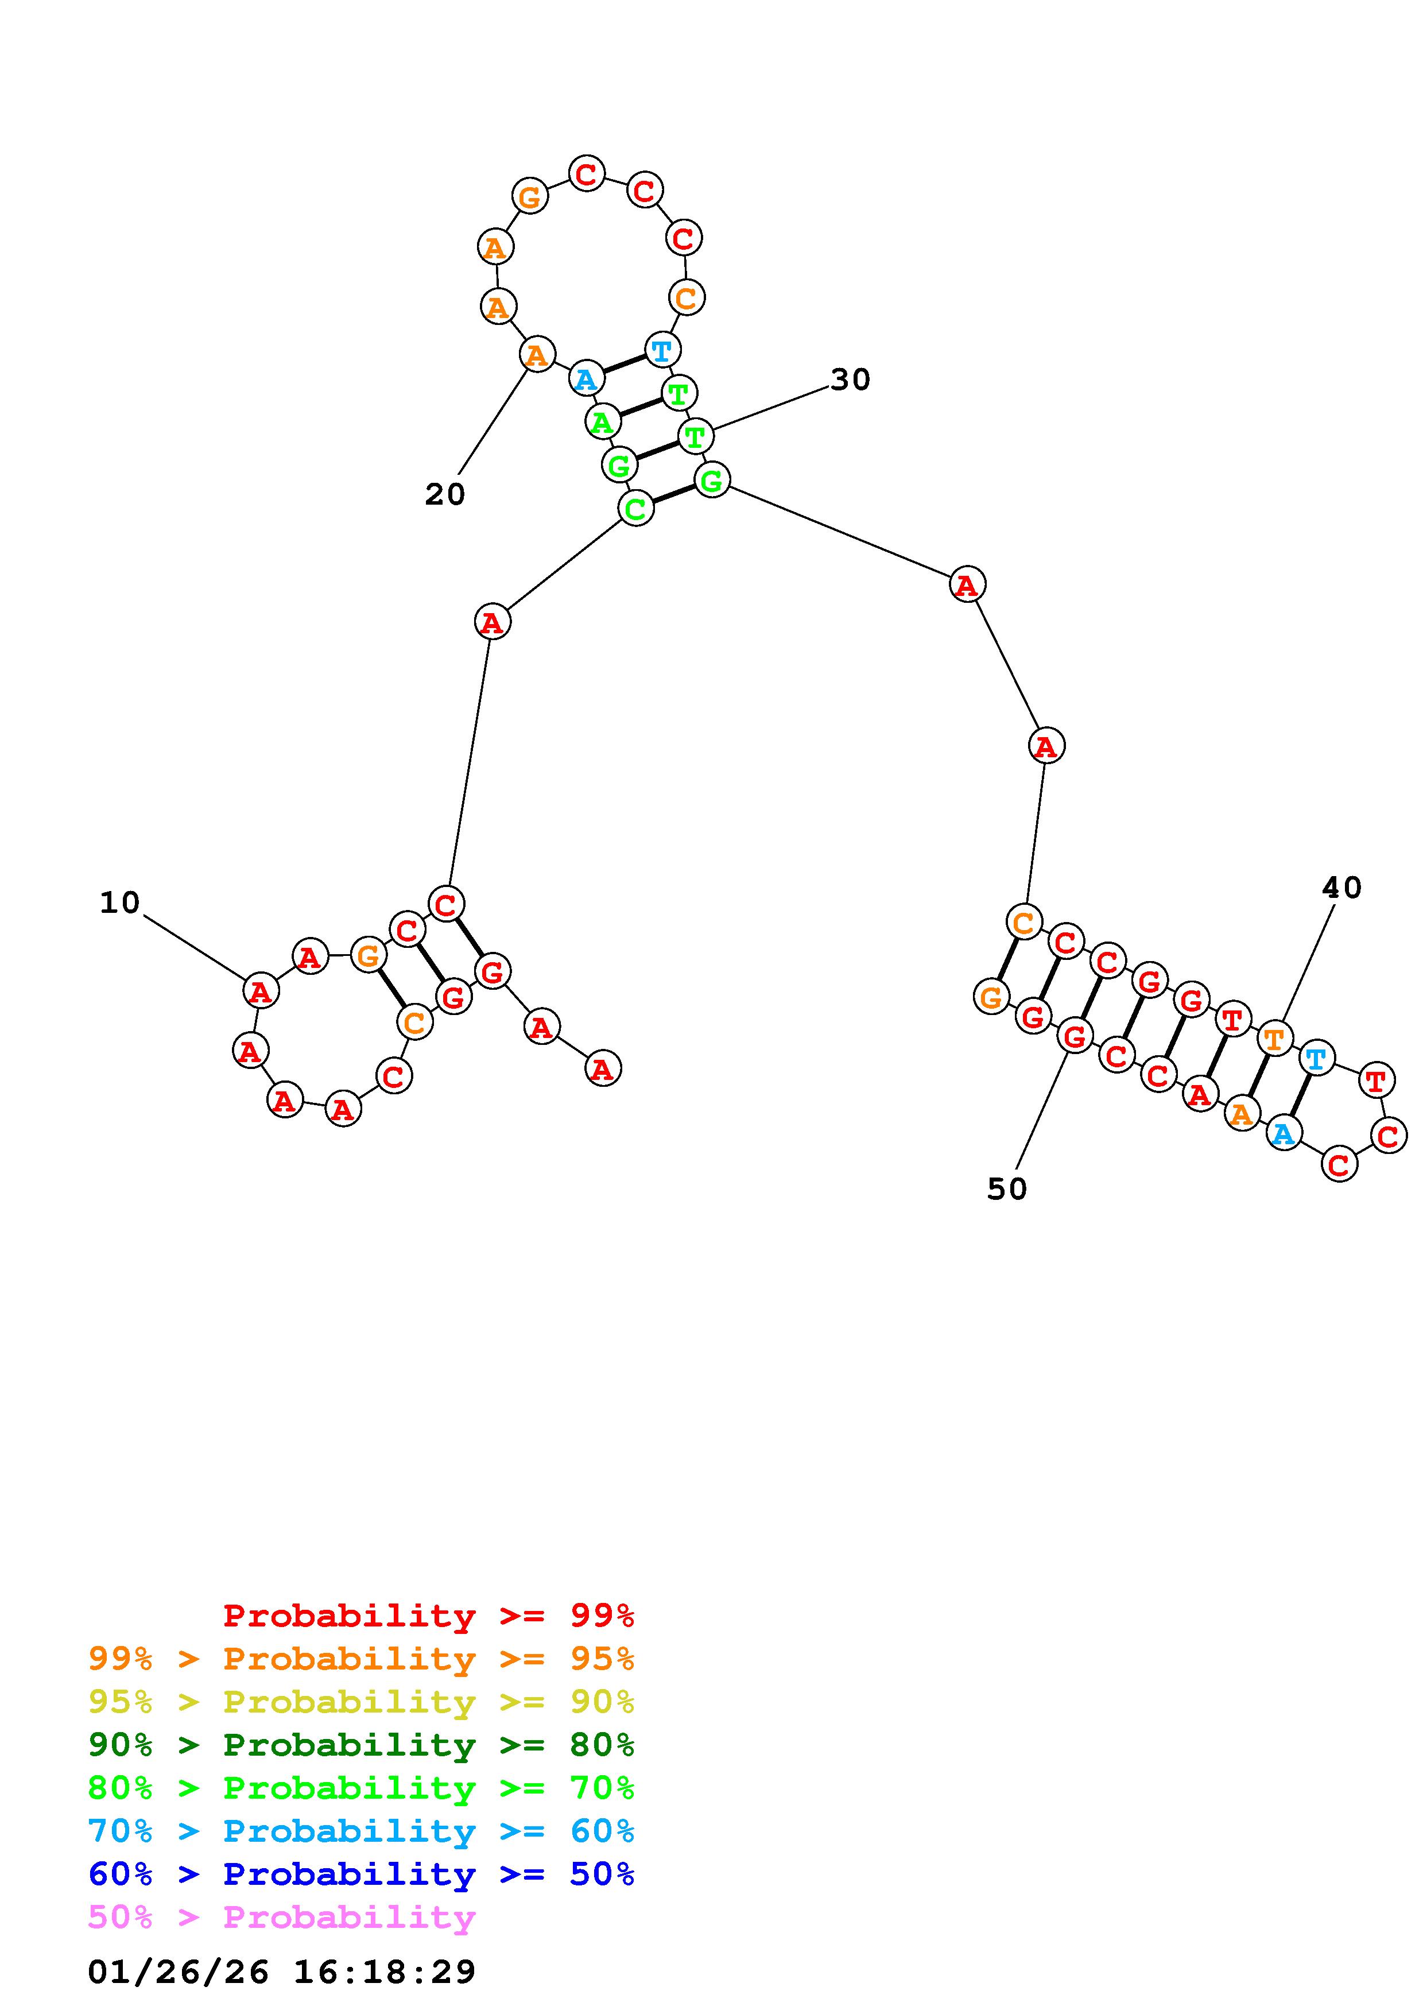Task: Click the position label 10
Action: click(119, 903)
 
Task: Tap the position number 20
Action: click(444, 495)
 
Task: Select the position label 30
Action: click(850, 380)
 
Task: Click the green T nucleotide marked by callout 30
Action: click(695, 436)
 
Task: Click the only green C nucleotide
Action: click(635, 508)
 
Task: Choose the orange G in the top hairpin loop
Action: click(530, 196)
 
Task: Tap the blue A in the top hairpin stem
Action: click(586, 379)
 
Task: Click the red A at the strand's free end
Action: click(602, 1068)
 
